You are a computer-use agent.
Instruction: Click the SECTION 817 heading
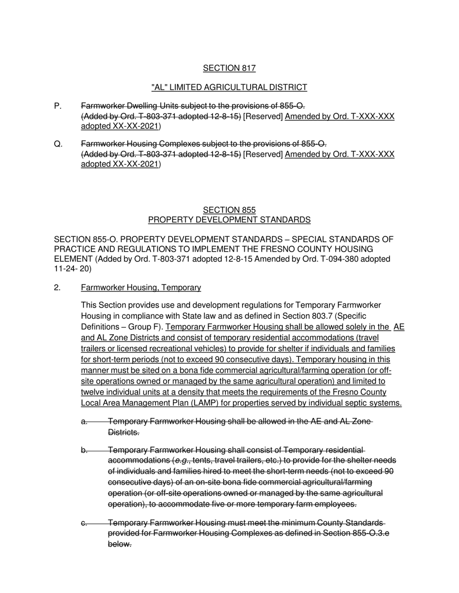click(229, 68)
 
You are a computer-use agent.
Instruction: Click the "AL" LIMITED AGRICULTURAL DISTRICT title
click(229, 87)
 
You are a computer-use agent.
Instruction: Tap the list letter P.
click(58, 106)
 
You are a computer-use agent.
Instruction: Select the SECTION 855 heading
click(229, 210)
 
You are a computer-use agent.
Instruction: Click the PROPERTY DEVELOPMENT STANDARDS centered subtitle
click(229, 220)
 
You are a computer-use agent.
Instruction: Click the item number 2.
click(57, 287)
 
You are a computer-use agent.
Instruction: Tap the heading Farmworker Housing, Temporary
click(141, 287)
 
